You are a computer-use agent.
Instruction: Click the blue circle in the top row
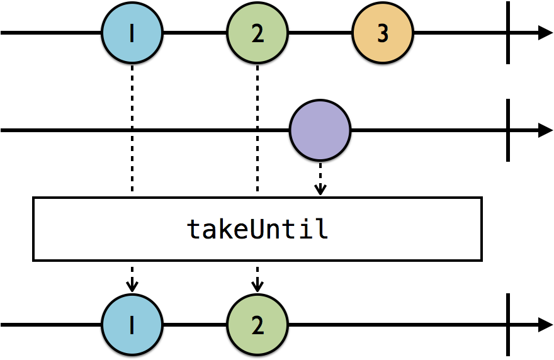point(132,33)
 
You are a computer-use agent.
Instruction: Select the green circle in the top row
point(257,33)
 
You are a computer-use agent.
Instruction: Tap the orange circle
point(383,33)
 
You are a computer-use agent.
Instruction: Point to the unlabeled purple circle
point(320,130)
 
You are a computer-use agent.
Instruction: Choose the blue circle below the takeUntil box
point(132,325)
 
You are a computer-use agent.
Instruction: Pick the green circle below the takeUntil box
point(257,325)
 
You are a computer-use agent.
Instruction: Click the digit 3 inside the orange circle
point(383,33)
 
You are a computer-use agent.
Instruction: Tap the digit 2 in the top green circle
point(257,33)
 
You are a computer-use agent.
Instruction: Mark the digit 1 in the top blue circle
point(132,33)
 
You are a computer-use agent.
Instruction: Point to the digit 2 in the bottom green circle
point(257,325)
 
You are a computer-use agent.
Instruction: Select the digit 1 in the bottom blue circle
point(132,325)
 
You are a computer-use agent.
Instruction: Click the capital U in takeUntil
point(257,229)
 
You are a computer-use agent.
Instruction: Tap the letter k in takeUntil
point(226,229)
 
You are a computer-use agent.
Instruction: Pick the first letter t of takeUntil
point(195,230)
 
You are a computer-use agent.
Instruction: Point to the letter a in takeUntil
point(210,231)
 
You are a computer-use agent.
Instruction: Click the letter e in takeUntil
point(242,231)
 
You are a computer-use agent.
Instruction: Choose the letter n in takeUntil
point(274,231)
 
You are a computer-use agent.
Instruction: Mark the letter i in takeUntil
point(305,229)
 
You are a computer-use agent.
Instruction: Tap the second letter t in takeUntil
point(290,230)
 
